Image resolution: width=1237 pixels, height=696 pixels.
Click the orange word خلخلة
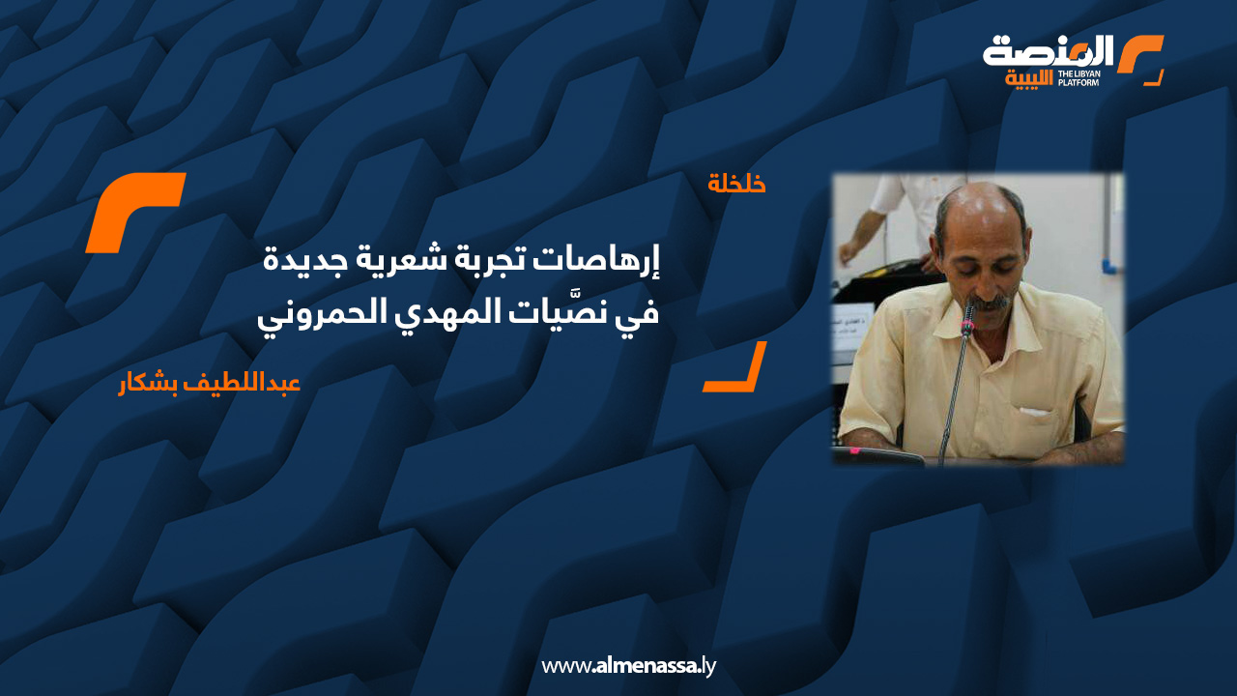(736, 183)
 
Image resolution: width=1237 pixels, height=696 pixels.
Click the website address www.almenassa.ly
(628, 666)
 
